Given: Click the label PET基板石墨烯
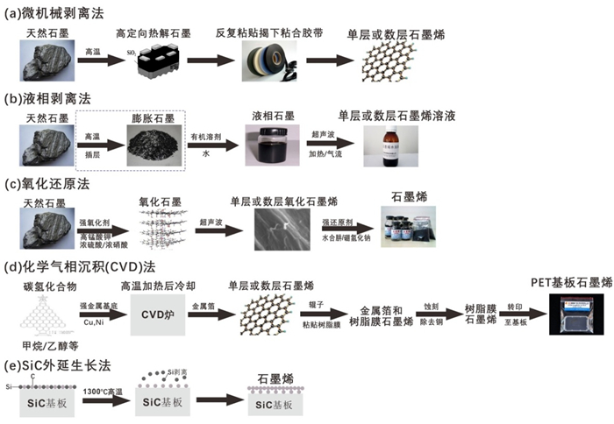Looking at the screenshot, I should (x=566, y=281).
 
